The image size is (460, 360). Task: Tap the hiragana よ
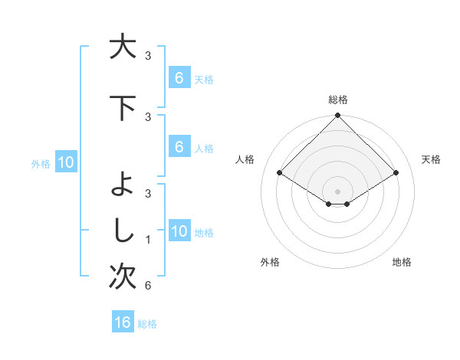click(x=120, y=185)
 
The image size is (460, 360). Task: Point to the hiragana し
click(x=120, y=231)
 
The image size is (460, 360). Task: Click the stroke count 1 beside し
click(x=147, y=240)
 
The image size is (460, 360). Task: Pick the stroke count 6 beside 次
click(x=147, y=286)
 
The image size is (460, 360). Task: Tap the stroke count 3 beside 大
click(x=148, y=55)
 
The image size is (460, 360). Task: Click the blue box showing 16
click(x=123, y=322)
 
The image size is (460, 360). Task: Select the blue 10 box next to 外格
click(x=65, y=162)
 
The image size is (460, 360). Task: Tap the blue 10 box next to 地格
click(x=179, y=231)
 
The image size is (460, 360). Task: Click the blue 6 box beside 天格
click(x=179, y=77)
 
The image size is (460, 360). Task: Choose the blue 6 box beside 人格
click(x=179, y=147)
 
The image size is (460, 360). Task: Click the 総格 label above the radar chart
click(x=337, y=100)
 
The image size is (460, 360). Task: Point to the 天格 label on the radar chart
click(x=431, y=159)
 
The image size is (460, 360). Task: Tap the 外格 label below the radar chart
click(x=270, y=262)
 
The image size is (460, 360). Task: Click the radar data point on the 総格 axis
click(x=337, y=116)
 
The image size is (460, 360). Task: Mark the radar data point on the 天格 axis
click(x=396, y=173)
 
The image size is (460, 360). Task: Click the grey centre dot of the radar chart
click(x=337, y=191)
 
